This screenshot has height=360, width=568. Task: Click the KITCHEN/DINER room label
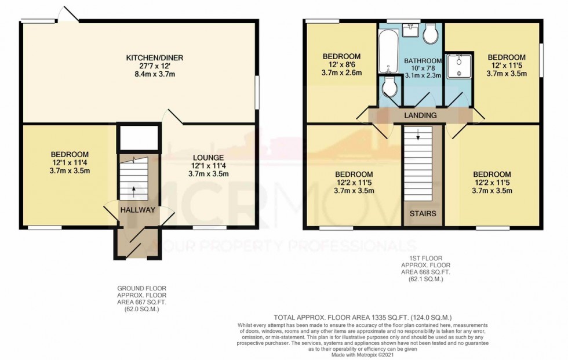(139, 57)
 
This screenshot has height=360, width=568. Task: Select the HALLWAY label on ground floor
(138, 210)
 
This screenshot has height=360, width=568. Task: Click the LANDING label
(420, 115)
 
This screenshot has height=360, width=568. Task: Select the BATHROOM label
(423, 61)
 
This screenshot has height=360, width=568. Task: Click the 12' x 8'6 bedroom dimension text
(342, 65)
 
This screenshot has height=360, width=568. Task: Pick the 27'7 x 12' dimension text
(139, 66)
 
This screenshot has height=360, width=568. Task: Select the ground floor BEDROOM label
(70, 154)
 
